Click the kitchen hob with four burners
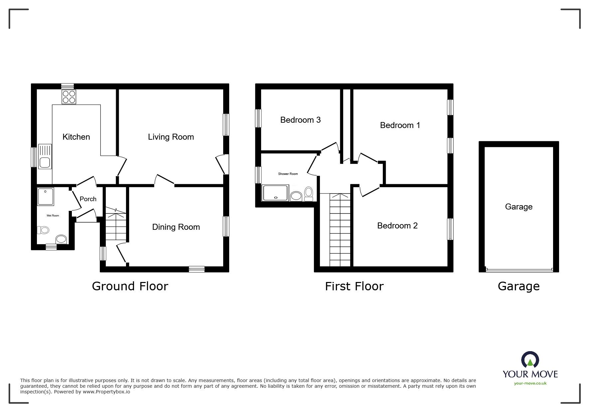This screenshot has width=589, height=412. point(69,97)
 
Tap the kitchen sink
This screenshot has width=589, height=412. point(45,156)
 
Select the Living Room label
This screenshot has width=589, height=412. point(171,137)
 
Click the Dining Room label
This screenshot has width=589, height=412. point(176,227)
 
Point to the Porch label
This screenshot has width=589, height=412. point(88,199)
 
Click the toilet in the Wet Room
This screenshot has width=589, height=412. point(43,230)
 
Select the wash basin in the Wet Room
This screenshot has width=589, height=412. point(61,239)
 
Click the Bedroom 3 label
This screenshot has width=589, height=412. point(300,120)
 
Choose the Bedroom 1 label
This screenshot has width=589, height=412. point(400,125)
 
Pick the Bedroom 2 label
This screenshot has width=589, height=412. point(397,225)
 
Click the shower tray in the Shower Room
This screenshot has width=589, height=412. point(275,193)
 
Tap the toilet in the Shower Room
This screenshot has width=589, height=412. point(309,194)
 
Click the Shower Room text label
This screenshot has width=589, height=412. point(288,174)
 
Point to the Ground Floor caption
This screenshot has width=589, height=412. point(130,286)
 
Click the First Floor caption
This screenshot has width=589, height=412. point(354,286)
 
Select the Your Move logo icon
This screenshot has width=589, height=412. point(530,360)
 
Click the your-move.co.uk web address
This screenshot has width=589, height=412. point(530,383)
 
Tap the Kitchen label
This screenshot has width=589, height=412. point(76,137)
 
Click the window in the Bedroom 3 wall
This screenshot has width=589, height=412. point(258,118)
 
